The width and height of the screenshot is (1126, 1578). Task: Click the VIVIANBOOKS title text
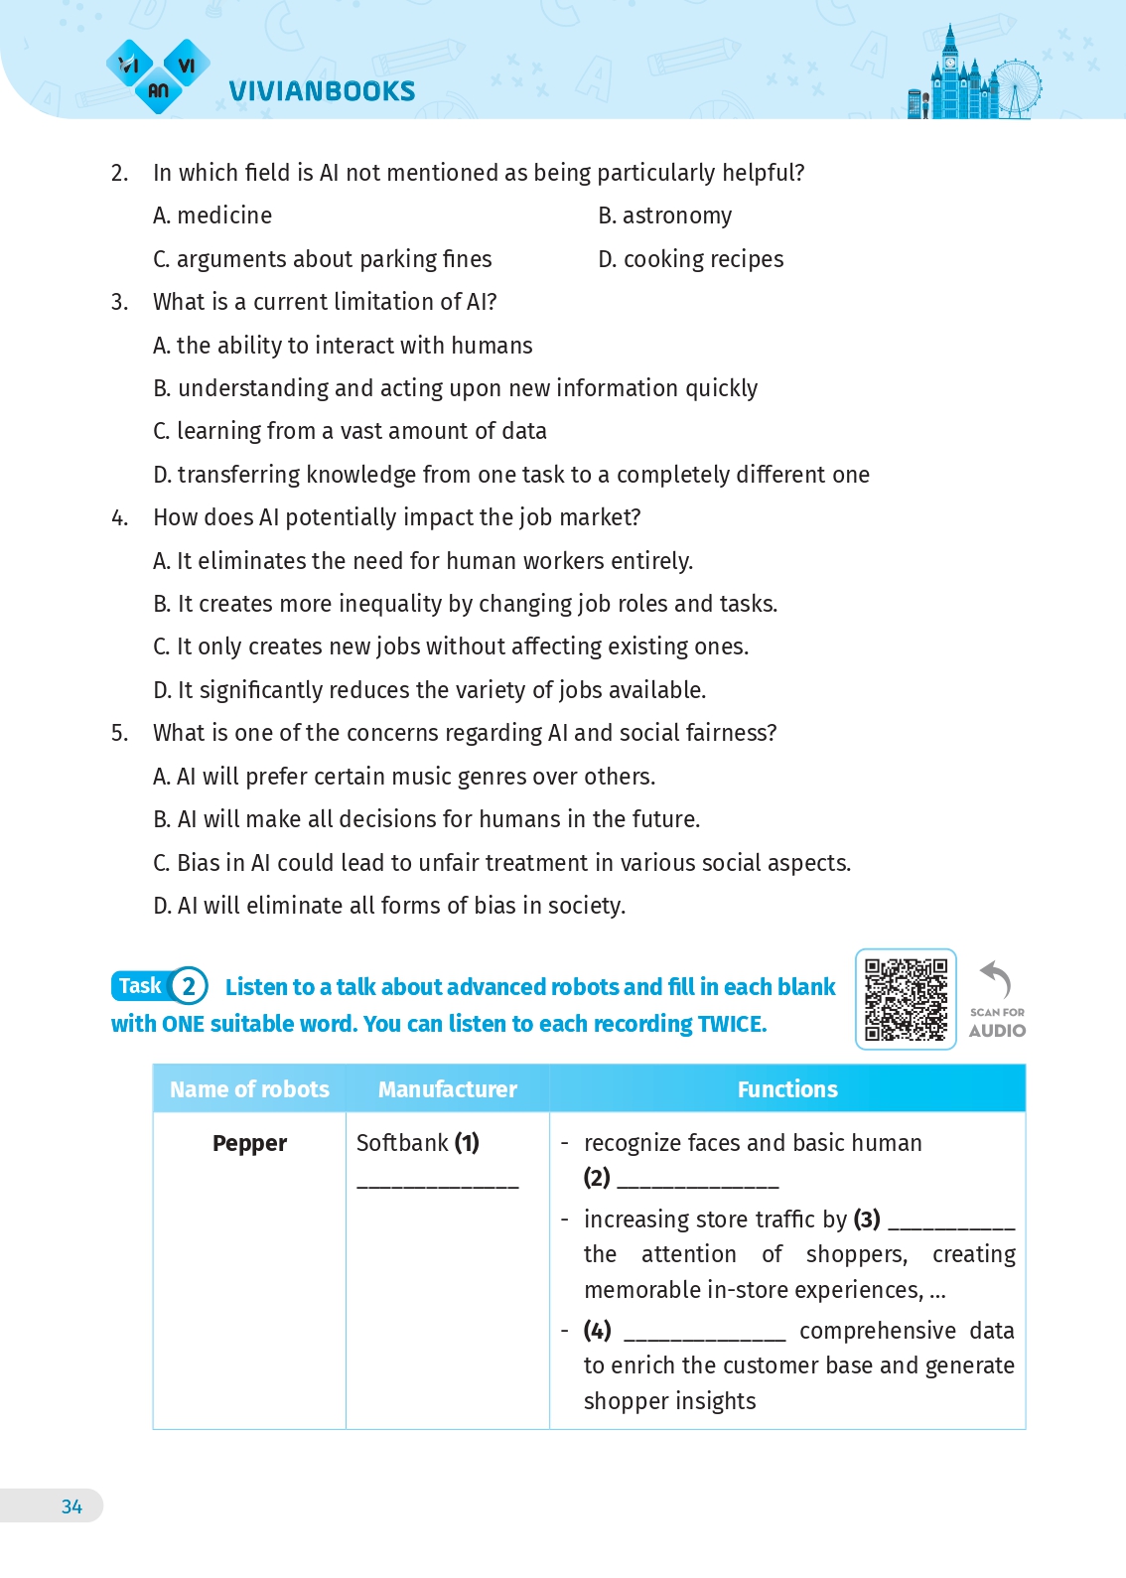tap(322, 91)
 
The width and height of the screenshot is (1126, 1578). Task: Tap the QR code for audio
tap(906, 999)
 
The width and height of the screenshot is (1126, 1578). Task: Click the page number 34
tap(71, 1506)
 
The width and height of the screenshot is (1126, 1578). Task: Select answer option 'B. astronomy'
tap(665, 216)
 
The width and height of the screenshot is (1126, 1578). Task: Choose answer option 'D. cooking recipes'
tap(690, 260)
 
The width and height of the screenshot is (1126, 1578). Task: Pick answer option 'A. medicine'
tap(212, 216)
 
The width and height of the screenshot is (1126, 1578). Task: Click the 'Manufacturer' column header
tap(447, 1089)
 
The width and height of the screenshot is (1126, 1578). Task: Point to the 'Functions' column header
tap(787, 1089)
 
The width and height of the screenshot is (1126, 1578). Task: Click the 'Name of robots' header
tap(249, 1089)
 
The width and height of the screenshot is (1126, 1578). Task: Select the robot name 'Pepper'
tap(249, 1143)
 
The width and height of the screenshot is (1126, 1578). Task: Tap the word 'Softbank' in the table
tap(402, 1143)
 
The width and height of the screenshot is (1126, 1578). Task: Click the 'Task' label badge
tap(140, 986)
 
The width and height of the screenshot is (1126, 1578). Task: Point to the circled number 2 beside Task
tap(189, 987)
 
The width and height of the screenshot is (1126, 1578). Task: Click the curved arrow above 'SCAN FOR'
tap(996, 979)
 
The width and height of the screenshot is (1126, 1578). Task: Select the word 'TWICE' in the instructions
tap(731, 1024)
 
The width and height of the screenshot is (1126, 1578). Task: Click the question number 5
tap(119, 733)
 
